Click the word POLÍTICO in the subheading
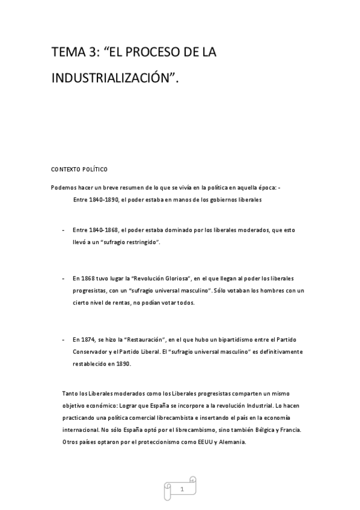95,169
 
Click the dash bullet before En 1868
64,278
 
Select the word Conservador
92,352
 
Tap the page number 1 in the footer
182,490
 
